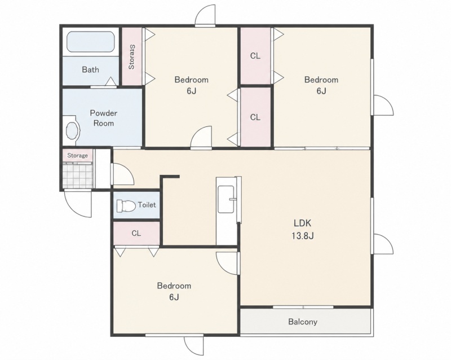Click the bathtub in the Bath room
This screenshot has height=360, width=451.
(x=91, y=42)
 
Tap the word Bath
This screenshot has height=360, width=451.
(x=90, y=70)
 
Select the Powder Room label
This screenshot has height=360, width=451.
(x=104, y=118)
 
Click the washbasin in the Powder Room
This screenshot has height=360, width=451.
(x=73, y=131)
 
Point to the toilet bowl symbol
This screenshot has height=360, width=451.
(x=126, y=205)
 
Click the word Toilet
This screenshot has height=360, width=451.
(x=147, y=205)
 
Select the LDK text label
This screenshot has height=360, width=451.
(x=302, y=223)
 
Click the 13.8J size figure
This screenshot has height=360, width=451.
(x=303, y=236)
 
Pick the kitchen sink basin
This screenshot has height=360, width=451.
(x=226, y=199)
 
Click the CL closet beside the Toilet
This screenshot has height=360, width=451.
(x=136, y=233)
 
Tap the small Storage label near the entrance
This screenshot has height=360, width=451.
(x=77, y=156)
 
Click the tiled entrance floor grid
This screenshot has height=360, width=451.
(x=78, y=175)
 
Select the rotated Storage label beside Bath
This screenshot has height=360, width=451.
(x=131, y=57)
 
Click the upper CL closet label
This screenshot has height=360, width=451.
(x=255, y=56)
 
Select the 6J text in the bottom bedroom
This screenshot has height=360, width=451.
(x=174, y=297)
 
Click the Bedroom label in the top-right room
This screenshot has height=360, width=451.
(x=321, y=80)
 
